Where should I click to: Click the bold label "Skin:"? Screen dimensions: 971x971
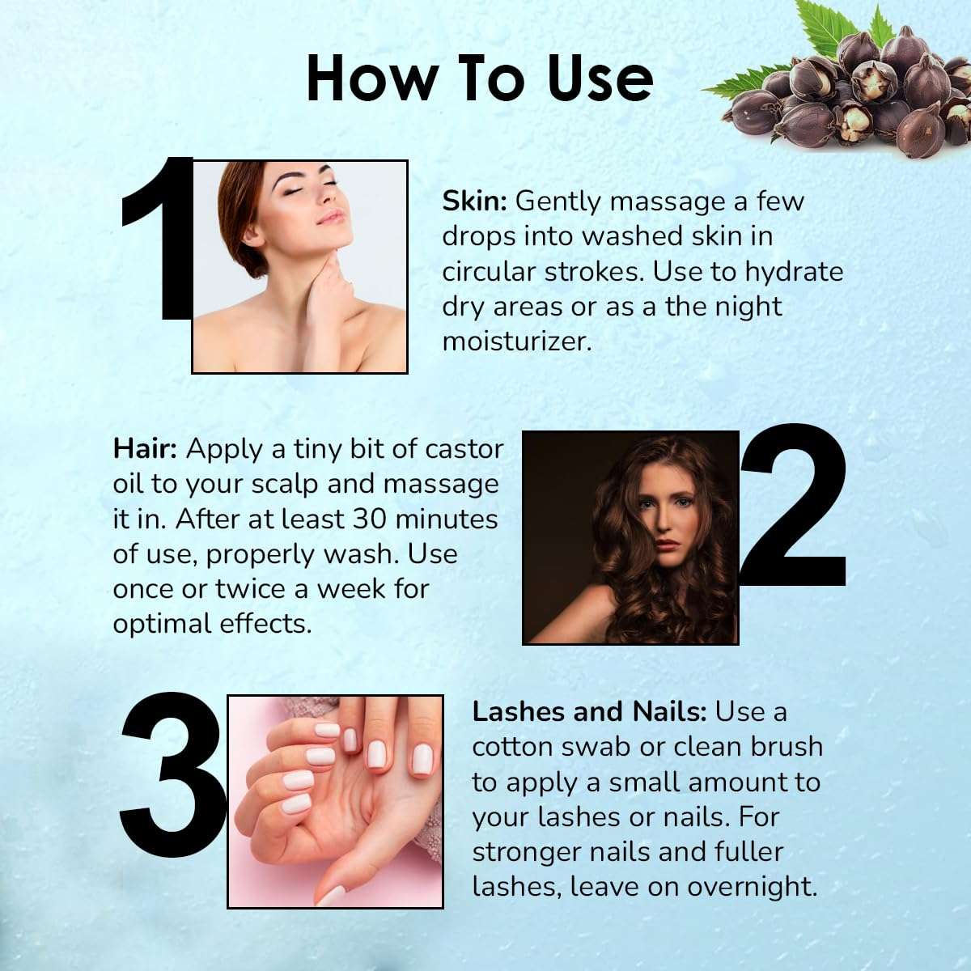[x=474, y=201]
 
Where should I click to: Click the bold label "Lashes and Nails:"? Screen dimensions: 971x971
[x=589, y=712]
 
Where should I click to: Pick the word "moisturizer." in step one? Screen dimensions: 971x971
[x=517, y=341]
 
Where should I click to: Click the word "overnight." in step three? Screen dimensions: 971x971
[x=753, y=887]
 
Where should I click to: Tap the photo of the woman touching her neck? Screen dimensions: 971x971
[x=299, y=267]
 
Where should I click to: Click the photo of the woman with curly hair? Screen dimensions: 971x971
[x=630, y=537]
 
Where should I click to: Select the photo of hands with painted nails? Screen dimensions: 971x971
[x=335, y=801]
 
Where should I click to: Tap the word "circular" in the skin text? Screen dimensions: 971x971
[x=489, y=272]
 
